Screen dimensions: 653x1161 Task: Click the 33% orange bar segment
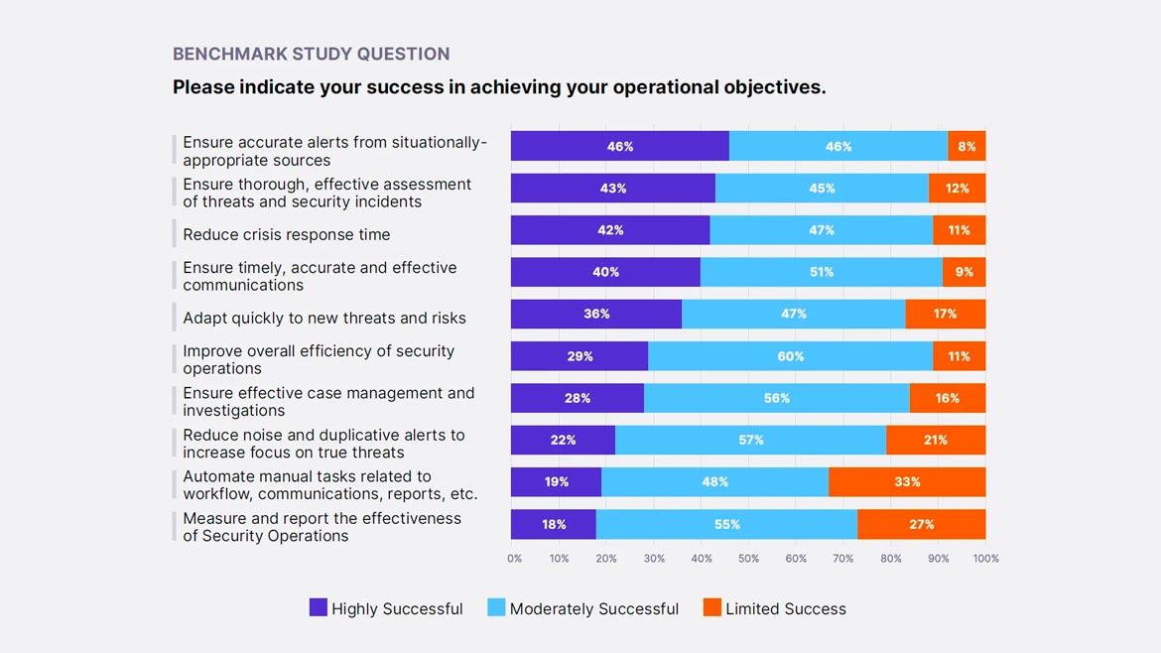[x=907, y=482]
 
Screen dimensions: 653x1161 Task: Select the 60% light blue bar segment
[x=791, y=356]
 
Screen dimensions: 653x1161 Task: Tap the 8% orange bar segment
[x=967, y=146]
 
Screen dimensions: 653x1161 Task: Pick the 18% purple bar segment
[x=554, y=524]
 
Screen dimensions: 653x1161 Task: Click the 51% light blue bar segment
[x=822, y=272]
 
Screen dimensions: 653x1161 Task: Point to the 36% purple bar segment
[x=596, y=314]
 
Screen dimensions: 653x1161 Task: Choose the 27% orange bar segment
[x=921, y=524]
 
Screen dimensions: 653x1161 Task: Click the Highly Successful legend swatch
[x=319, y=607]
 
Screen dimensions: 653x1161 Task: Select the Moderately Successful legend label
[x=593, y=608]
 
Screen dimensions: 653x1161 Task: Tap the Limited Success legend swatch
[x=712, y=607]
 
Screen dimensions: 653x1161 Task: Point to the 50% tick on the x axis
[x=748, y=559]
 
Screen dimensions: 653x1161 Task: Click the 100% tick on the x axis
[x=985, y=559]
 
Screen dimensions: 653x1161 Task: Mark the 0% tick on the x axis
[x=514, y=559]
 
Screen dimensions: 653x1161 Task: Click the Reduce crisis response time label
[x=287, y=234]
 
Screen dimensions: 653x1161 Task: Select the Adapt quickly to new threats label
[x=324, y=318]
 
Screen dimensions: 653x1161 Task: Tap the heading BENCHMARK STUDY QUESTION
[x=311, y=54]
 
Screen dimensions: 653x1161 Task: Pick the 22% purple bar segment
[x=563, y=440]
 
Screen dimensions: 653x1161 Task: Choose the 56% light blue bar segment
[x=777, y=398]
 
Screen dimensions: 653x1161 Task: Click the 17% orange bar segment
[x=945, y=314]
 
